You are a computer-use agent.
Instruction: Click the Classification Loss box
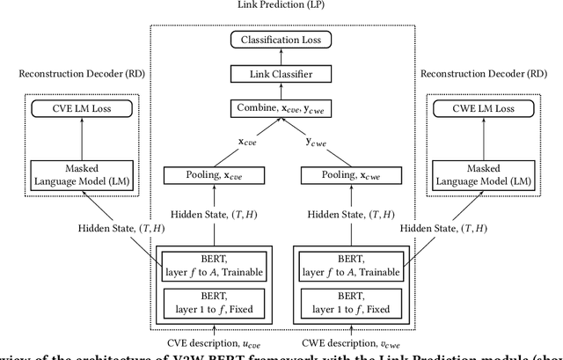pos(281,40)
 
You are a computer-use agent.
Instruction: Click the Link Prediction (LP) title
pos(281,5)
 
